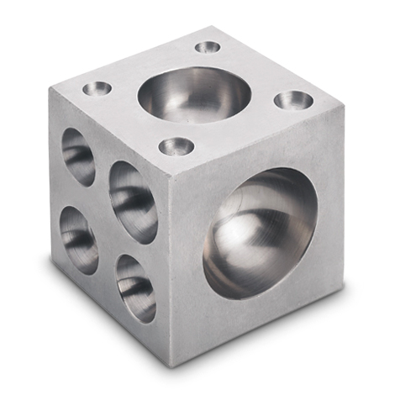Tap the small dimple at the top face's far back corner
(x=207, y=47)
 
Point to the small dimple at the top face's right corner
(x=293, y=102)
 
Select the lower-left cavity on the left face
(x=78, y=233)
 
